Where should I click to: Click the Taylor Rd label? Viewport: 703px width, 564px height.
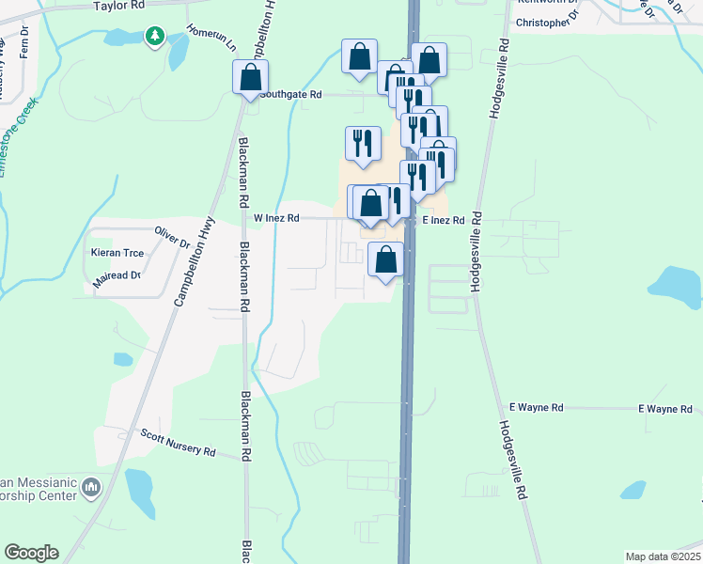coord(118,6)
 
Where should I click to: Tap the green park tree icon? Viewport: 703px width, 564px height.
coord(154,36)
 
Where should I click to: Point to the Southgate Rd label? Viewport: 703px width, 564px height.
coord(290,95)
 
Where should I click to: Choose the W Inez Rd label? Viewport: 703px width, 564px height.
coord(276,218)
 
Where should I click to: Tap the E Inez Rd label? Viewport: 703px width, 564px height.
coord(444,220)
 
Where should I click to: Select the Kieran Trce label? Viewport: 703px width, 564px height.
coord(117,254)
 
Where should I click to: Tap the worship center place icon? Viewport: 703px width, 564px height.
coord(91,487)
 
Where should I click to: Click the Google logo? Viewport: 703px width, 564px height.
coord(31,553)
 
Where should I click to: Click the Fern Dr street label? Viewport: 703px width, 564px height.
coord(25,47)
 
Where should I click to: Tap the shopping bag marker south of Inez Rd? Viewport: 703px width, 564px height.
coord(385,259)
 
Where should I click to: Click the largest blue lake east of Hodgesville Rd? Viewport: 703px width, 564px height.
coord(677,286)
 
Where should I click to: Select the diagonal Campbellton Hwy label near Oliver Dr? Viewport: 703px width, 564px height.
coord(193,264)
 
